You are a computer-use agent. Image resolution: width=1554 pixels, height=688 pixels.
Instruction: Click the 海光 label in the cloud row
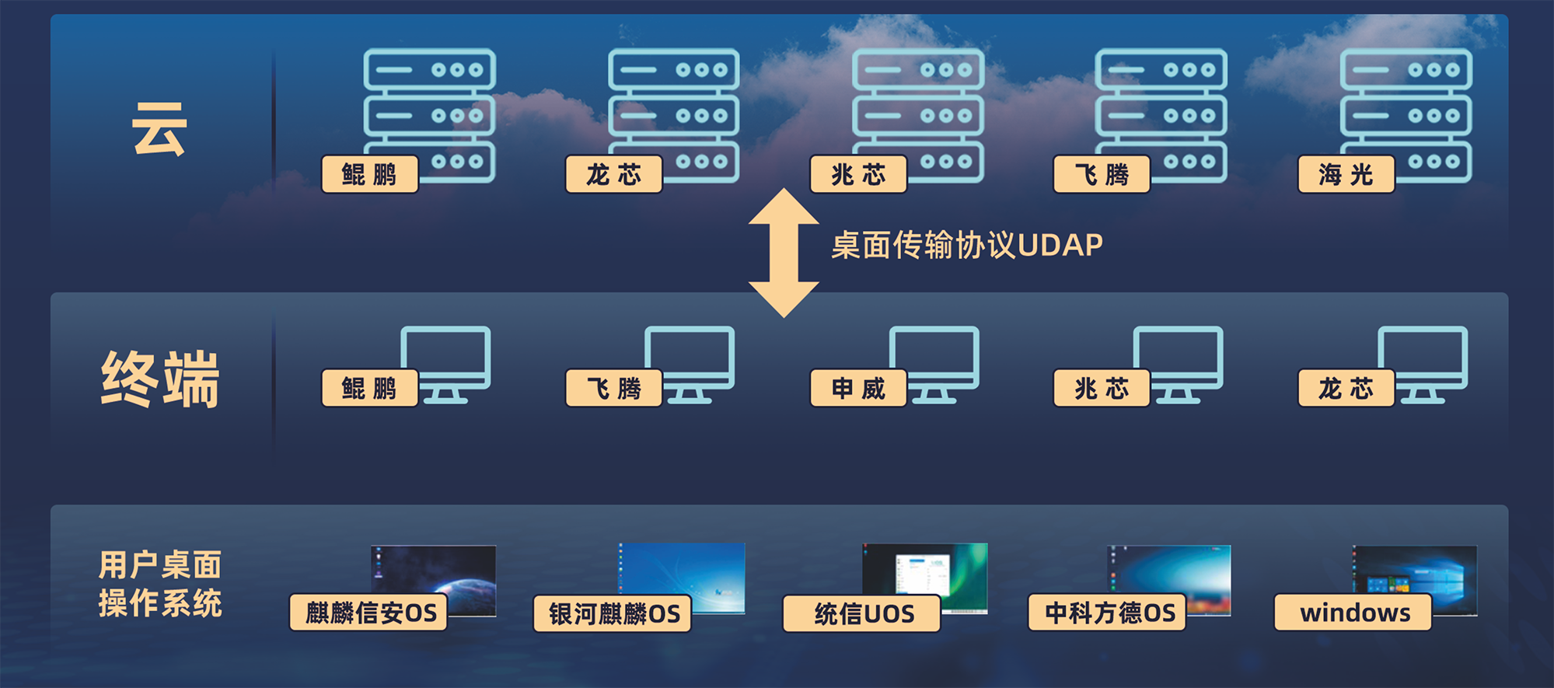1346,174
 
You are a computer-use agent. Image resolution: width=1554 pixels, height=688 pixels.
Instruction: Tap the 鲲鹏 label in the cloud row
370,174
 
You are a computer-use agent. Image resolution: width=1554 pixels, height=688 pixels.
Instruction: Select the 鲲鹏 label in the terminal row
370,388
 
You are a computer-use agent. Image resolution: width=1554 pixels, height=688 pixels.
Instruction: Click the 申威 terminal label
858,388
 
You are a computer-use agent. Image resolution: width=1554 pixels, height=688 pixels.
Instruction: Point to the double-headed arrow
784,253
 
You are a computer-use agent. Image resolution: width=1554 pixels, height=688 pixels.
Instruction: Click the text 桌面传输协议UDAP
967,246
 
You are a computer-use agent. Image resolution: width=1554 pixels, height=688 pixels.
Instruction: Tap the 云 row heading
159,129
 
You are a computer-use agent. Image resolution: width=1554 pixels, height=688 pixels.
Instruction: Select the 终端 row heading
160,379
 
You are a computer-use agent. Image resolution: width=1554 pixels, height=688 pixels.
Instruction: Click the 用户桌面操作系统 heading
160,583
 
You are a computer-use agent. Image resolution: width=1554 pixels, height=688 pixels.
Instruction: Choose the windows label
1353,613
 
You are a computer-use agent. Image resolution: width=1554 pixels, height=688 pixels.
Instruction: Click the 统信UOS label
862,613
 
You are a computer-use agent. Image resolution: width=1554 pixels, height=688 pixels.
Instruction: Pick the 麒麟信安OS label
369,613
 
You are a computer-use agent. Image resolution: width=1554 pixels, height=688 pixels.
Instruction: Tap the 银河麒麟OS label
613,613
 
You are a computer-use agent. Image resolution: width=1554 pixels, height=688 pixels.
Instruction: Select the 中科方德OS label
1107,613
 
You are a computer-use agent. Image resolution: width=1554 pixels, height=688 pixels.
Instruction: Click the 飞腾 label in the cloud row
1102,174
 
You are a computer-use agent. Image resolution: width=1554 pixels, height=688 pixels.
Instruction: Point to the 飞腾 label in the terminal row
614,388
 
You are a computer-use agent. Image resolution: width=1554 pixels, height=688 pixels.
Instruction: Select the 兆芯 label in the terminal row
1102,388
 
